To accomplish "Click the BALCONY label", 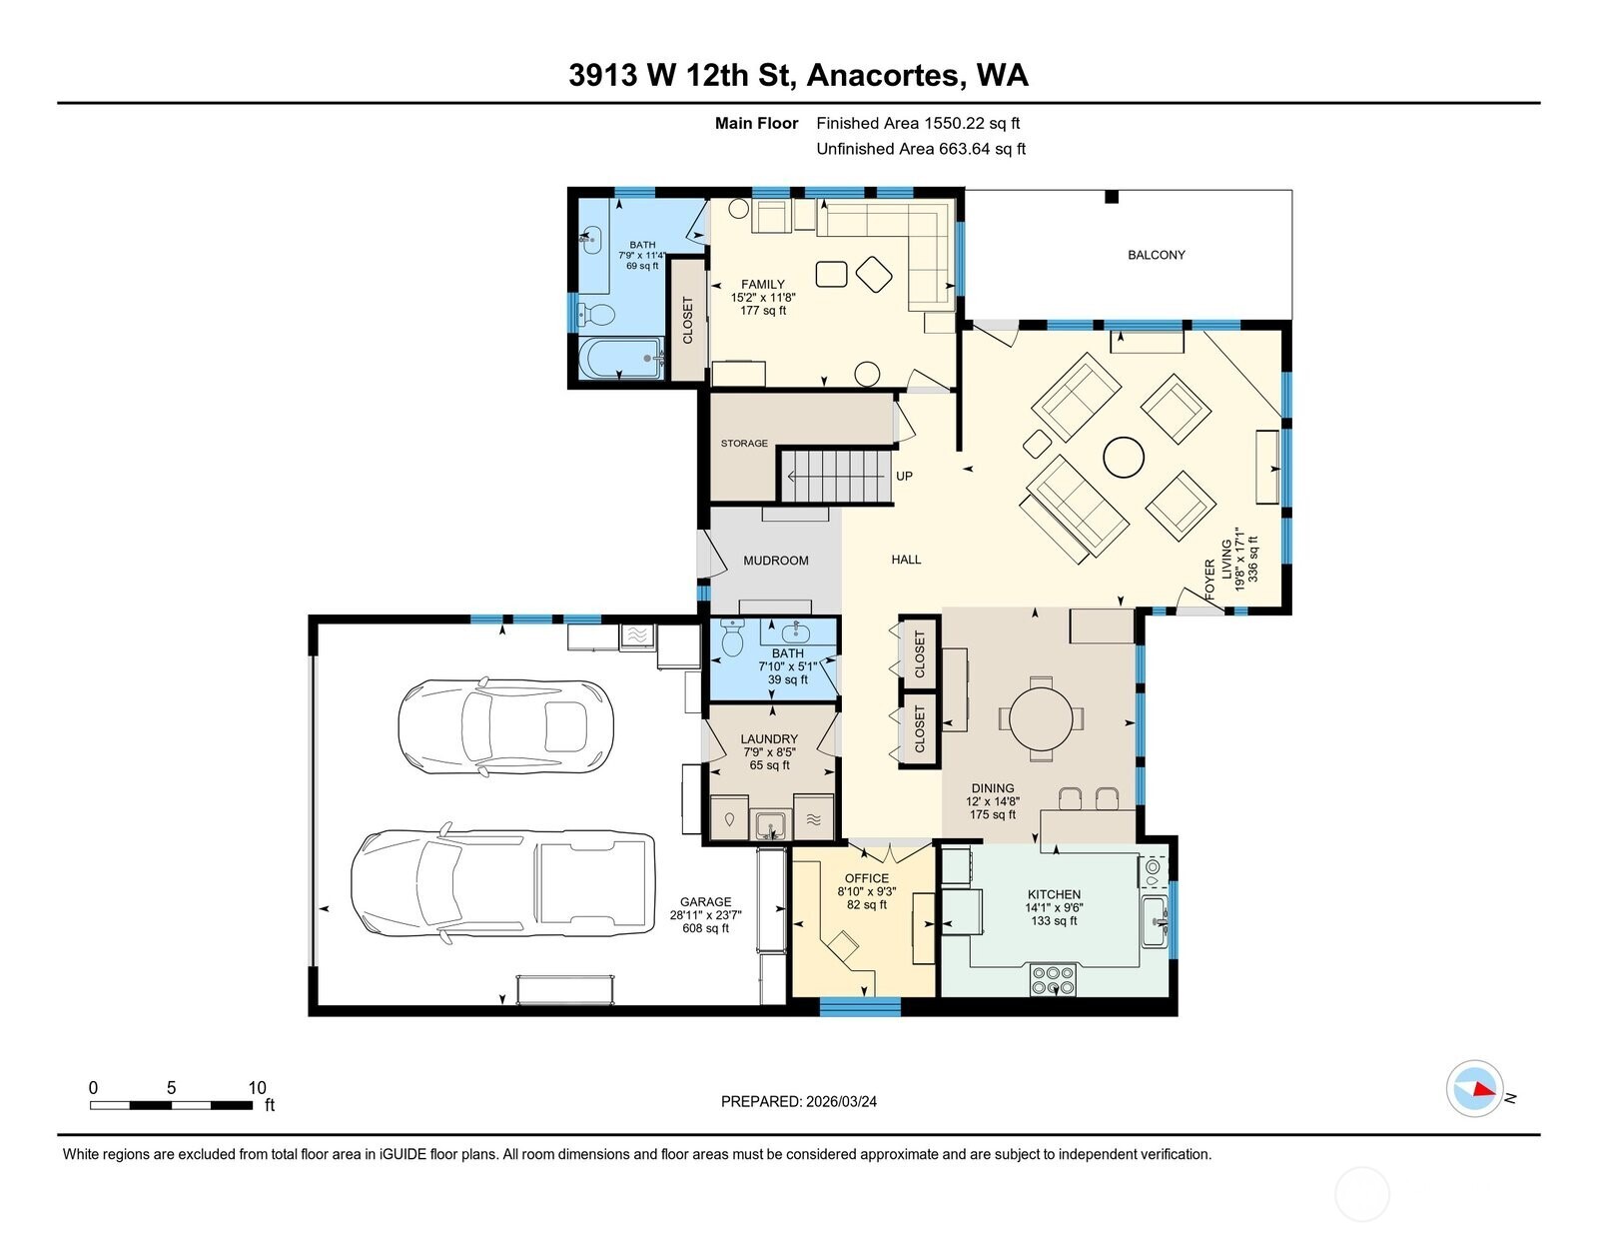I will click(1156, 255).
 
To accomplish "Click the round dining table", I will click(1042, 717).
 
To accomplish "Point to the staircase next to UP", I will click(834, 477).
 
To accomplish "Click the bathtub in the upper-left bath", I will click(620, 358).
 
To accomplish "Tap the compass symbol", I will click(1475, 1089).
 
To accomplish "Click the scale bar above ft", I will click(171, 1105).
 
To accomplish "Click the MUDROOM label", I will click(776, 561).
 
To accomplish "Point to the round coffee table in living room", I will click(1124, 458).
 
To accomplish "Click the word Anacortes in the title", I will click(884, 75).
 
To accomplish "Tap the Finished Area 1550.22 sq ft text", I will click(918, 124).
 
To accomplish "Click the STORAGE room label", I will click(744, 443).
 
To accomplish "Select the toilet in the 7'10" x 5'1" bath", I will click(732, 637).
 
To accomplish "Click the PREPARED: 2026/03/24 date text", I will click(799, 1101).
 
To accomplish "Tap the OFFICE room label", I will click(865, 878).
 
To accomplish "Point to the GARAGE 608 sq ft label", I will click(705, 914).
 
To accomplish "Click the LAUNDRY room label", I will click(769, 739).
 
